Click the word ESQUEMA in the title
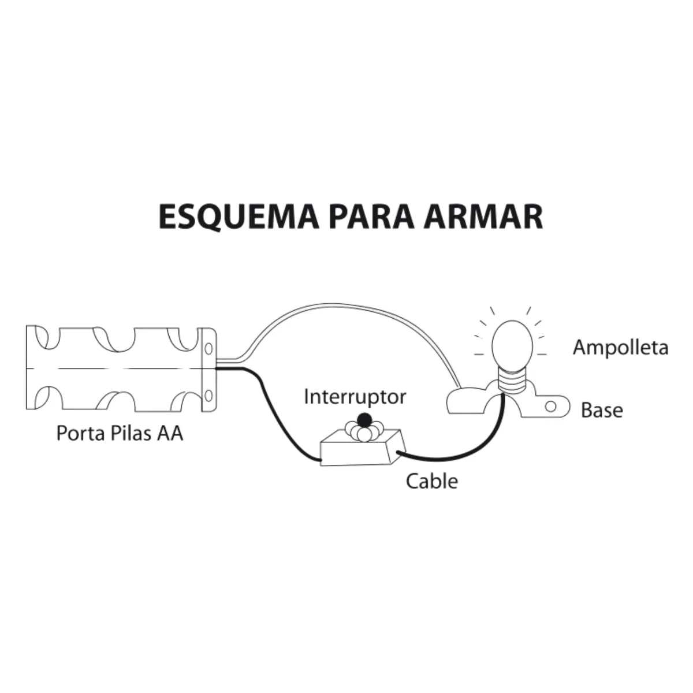[239, 217]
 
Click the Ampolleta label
[620, 348]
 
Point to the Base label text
[602, 411]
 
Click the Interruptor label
[355, 397]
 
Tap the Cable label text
[432, 481]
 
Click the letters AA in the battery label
[170, 433]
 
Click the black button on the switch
[364, 419]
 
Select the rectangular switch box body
[363, 451]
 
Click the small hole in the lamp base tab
[550, 407]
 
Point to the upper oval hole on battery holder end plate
[208, 348]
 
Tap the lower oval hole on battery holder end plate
[208, 396]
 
